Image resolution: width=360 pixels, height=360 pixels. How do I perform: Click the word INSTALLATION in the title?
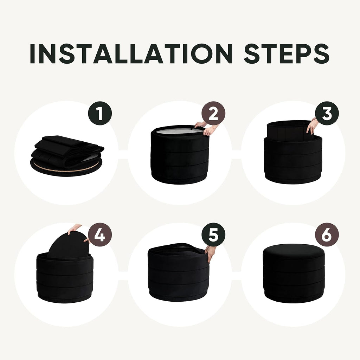coord(131,53)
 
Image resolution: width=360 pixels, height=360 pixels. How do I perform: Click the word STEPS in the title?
coord(287,53)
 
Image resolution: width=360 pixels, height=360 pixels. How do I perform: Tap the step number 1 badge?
coord(100,113)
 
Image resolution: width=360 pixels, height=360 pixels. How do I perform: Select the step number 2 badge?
coord(213,113)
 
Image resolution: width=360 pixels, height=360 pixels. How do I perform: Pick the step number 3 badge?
coord(327,113)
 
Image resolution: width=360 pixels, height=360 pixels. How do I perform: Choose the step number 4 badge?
coord(100,234)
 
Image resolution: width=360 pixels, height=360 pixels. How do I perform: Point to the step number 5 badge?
coord(213,234)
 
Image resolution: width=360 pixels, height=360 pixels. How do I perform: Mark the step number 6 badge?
coord(327,234)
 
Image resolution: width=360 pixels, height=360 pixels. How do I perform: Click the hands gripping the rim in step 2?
coord(207,128)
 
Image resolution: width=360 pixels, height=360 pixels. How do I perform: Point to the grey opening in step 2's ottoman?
coord(179,131)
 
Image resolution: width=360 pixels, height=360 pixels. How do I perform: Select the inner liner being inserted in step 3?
coord(290,130)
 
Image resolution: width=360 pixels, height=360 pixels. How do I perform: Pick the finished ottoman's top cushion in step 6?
coord(294,251)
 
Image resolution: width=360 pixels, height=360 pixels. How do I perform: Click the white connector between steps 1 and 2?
coord(123,155)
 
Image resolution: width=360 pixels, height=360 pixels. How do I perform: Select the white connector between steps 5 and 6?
coord(237,276)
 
